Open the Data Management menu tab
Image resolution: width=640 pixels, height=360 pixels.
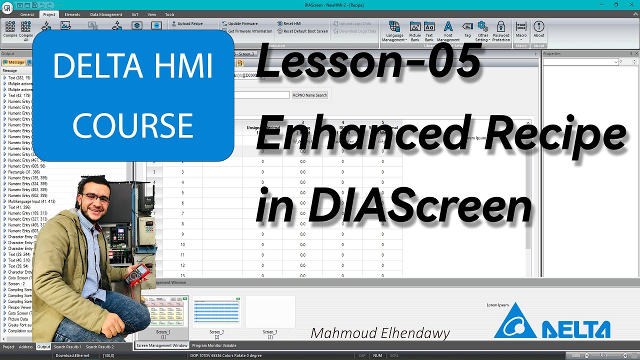pos(106,14)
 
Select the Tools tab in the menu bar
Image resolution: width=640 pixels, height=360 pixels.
pos(169,14)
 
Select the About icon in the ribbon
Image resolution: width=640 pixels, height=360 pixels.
pos(538,30)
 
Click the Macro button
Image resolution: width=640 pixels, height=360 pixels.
pos(521,30)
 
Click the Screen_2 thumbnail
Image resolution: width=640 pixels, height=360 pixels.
pos(216,312)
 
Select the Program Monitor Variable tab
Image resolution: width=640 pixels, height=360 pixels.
pos(214,345)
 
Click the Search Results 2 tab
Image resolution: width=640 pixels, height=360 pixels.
pos(99,347)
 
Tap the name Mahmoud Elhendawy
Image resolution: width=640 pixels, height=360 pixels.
pos(380,333)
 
